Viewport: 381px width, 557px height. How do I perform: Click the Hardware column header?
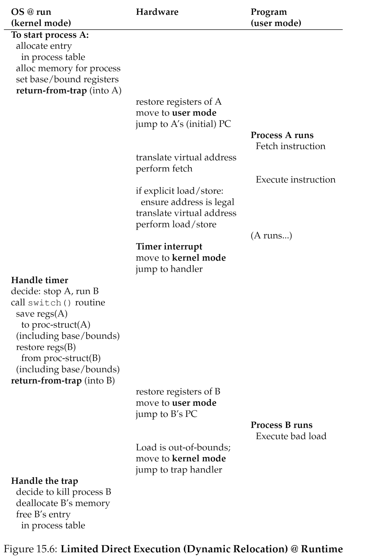(157, 12)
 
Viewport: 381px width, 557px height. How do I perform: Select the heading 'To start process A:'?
(50, 35)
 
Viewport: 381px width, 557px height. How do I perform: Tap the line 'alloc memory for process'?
(68, 68)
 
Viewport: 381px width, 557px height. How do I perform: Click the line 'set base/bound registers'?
(67, 79)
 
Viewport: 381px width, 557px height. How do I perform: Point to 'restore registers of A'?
(179, 102)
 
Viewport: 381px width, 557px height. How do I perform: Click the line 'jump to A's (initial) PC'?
(183, 124)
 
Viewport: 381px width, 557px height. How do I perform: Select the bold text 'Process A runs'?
(282, 135)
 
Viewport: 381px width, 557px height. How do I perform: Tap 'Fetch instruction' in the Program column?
(290, 146)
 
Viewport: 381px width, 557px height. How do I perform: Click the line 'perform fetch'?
(164, 168)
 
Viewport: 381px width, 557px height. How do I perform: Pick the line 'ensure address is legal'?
(187, 202)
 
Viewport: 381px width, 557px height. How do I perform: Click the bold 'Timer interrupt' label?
(169, 247)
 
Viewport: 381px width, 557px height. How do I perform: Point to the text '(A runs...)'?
(271, 235)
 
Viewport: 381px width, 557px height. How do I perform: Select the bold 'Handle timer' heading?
(40, 280)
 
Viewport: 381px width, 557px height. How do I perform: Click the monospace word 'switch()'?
(50, 303)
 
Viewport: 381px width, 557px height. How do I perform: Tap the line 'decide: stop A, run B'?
(55, 291)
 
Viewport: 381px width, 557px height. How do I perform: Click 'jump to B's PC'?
(166, 414)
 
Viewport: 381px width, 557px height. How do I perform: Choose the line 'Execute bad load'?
(291, 436)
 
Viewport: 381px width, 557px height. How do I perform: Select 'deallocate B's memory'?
(63, 503)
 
